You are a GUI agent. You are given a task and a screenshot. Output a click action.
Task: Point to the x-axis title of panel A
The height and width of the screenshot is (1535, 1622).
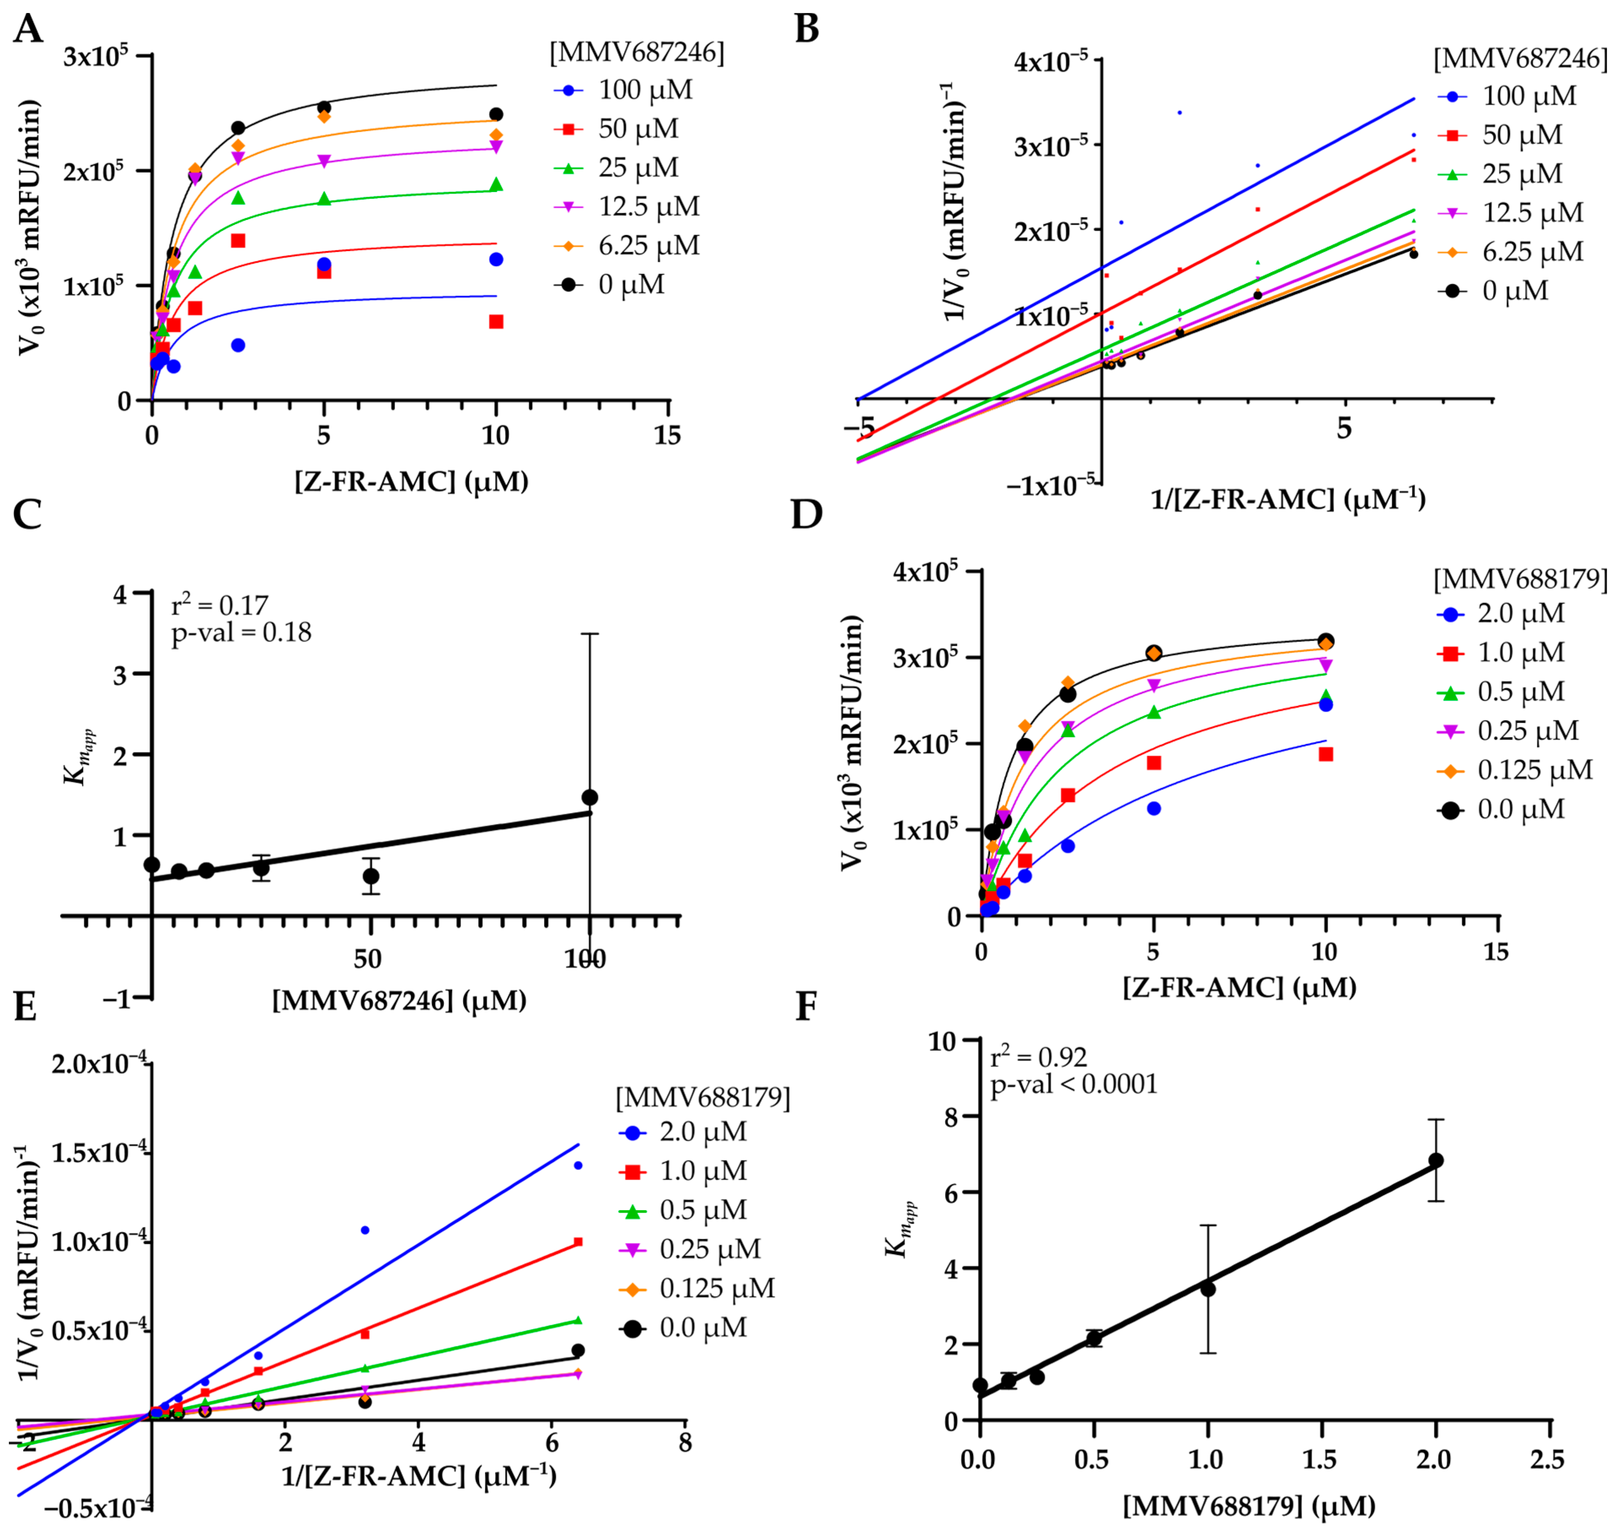411,481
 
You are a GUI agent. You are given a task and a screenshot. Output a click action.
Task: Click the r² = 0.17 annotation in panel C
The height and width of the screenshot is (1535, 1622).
219,605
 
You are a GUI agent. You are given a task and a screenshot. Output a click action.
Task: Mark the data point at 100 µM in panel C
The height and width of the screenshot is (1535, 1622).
589,798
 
